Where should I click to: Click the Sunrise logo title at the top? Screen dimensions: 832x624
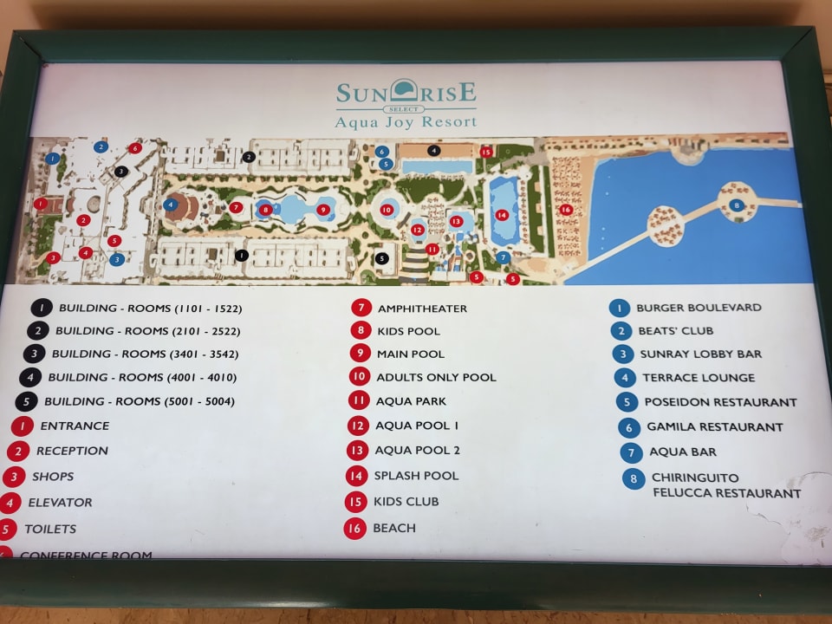406,93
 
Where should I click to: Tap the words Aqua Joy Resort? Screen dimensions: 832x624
406,122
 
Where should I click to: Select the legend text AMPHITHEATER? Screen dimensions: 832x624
422,309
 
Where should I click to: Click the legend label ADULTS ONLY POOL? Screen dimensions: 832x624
436,377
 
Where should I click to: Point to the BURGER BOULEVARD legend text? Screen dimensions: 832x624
699,308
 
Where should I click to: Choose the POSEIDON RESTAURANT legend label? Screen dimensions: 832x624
720,402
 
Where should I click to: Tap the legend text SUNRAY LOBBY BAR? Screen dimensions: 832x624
701,354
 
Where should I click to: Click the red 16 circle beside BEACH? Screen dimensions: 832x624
354,528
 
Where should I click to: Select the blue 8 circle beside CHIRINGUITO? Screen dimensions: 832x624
634,478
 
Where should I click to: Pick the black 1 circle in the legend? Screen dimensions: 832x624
42,308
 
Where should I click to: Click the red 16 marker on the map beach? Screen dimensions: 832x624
566,209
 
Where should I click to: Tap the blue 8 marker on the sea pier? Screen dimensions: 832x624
736,205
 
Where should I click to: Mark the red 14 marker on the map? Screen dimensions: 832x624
501,215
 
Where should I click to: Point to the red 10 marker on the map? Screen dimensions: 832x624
387,210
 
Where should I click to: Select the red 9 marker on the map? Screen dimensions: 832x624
323,209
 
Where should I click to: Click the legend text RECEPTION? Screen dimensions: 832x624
72,451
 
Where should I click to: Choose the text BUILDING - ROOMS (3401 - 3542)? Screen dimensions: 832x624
145,354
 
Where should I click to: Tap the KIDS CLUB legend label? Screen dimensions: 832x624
406,501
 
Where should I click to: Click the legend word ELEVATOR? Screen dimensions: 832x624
60,502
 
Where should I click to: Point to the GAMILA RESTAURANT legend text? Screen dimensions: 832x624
714,426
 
